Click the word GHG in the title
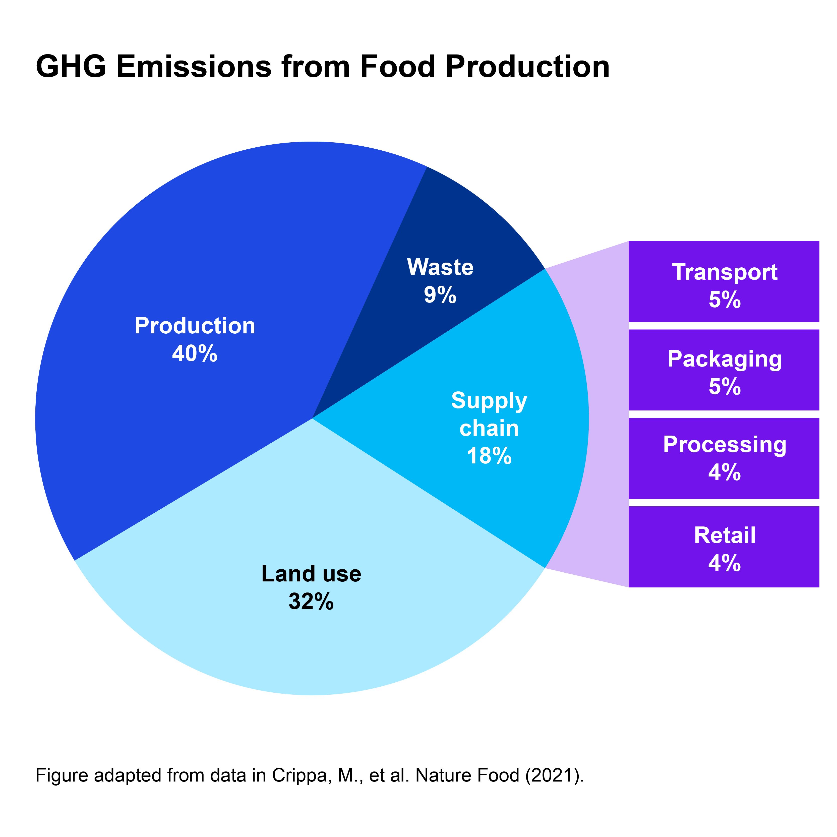[x=71, y=67]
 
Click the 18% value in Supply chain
[x=489, y=456]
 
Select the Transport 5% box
[x=724, y=282]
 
